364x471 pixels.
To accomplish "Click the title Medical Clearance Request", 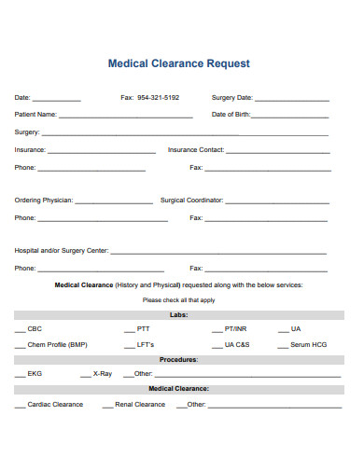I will (x=179, y=64).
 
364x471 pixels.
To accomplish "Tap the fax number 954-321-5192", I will (x=159, y=98).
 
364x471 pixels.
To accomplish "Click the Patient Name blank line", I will (x=126, y=116).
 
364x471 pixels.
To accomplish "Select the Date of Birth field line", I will (x=290, y=116).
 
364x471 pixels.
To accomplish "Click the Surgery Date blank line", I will (x=291, y=99).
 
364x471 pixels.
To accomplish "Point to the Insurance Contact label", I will (x=196, y=150).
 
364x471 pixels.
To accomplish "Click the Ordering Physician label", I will (x=43, y=201).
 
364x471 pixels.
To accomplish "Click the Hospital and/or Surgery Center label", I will (x=62, y=251).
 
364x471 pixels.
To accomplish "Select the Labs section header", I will (x=179, y=315).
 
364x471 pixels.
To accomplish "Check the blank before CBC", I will (x=20, y=331).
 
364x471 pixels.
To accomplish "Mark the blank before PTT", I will (x=130, y=331).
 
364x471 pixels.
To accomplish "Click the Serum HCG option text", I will (x=308, y=345).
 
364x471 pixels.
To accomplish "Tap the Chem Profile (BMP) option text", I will (x=57, y=345).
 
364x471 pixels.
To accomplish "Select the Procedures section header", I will (x=178, y=359).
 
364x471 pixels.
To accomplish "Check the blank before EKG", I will (x=20, y=375).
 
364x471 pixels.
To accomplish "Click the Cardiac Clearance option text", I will (x=55, y=405).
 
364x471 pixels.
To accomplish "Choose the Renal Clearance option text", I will (x=140, y=405).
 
